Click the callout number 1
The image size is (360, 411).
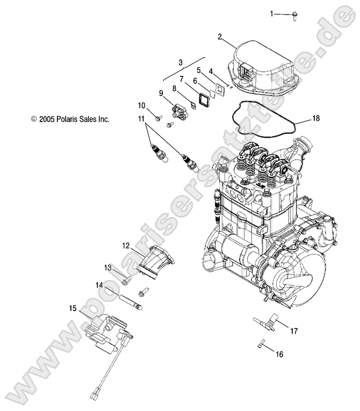pyautogui.click(x=272, y=13)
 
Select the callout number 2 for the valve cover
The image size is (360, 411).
pyautogui.click(x=219, y=37)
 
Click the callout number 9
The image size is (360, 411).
pyautogui.click(x=161, y=93)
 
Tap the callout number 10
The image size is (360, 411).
pyautogui.click(x=142, y=105)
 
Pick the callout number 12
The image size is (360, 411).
pyautogui.click(x=125, y=230)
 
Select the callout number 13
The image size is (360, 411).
pyautogui.click(x=108, y=267)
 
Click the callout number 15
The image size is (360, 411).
pyautogui.click(x=73, y=308)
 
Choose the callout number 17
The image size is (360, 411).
pyautogui.click(x=294, y=331)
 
